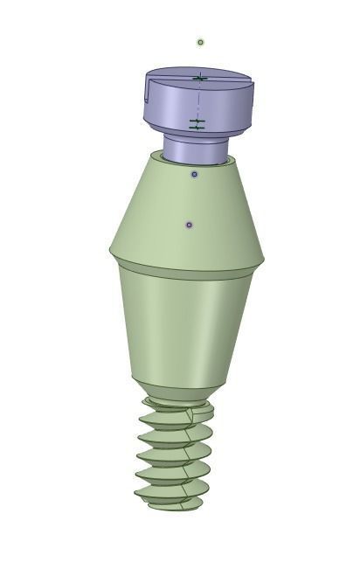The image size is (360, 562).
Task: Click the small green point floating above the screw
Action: click(x=201, y=42)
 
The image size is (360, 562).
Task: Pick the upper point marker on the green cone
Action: click(x=194, y=175)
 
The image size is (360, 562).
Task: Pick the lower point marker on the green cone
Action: click(x=190, y=225)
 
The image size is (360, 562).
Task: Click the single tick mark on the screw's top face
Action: click(x=199, y=80)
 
